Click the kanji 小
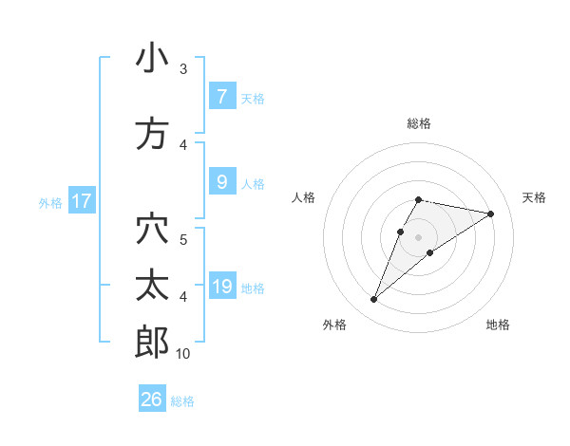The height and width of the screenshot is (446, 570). (152, 59)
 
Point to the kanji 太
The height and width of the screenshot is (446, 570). (152, 286)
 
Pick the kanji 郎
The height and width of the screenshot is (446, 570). (152, 343)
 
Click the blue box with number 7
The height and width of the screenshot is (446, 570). (221, 97)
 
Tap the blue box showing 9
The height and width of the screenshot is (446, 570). (221, 182)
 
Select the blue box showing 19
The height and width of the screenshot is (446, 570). (223, 287)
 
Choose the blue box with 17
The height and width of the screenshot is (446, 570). (82, 201)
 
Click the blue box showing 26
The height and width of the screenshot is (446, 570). (152, 400)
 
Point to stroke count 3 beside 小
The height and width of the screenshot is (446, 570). (183, 69)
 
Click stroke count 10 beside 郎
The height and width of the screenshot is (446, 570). (183, 354)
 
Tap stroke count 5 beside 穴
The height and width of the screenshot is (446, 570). (183, 238)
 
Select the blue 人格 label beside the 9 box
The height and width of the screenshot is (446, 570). (253, 183)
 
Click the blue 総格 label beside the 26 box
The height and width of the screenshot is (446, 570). (182, 400)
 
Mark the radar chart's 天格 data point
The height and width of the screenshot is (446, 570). (491, 214)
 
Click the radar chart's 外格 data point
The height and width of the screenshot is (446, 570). (373, 300)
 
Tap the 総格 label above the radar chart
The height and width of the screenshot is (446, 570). (419, 123)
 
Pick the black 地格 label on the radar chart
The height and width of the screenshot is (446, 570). (498, 325)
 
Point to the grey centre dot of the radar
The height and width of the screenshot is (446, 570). (419, 237)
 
